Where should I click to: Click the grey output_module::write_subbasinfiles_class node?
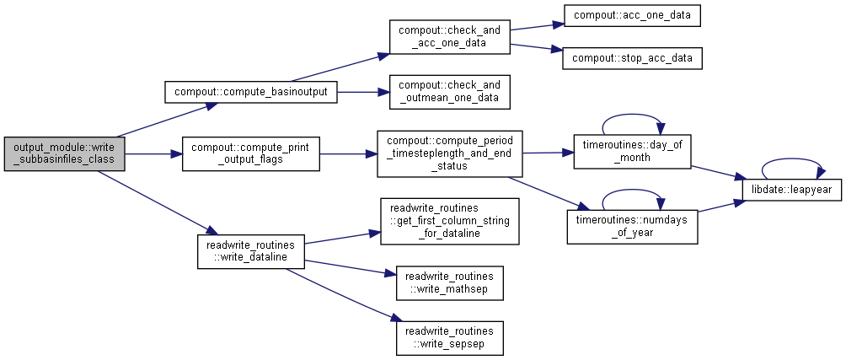[65, 153]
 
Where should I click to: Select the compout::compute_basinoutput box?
[251, 92]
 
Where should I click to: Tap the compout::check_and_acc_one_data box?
[449, 37]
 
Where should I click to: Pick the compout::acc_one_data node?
[632, 15]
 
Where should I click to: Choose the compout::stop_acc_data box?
[632, 57]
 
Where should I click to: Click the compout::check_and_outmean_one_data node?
[449, 92]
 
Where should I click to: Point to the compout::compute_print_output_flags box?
[251, 153]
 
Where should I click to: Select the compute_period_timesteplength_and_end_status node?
[449, 153]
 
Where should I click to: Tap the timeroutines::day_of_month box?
[632, 151]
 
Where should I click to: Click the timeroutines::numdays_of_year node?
[632, 227]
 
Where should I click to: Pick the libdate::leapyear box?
[791, 190]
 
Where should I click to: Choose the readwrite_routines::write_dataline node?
[251, 251]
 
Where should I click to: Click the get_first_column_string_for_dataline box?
[449, 221]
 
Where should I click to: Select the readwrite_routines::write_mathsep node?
[449, 282]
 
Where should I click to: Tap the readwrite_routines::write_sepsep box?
[449, 338]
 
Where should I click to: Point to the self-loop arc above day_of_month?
[632, 115]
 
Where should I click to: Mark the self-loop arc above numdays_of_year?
[632, 191]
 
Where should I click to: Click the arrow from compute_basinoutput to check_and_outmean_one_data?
[363, 92]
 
